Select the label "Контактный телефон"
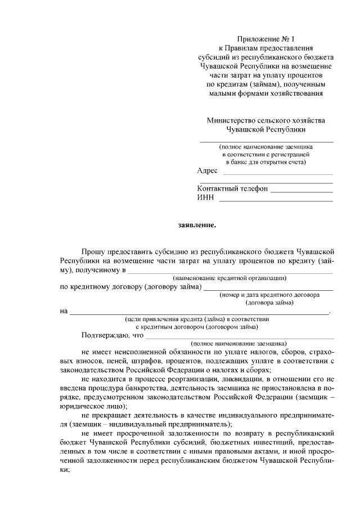[x=232, y=188]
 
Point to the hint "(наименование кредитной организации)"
[x=230, y=277]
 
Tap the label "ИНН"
[x=204, y=198]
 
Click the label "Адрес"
[x=208, y=171]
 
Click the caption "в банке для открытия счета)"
[x=265, y=162]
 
